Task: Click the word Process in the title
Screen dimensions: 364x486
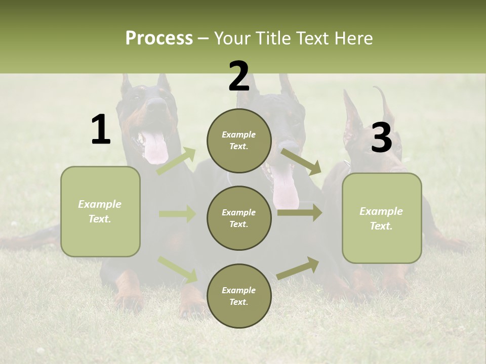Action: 159,38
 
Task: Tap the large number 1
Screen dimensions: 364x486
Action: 101,130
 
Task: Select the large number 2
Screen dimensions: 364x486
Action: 239,76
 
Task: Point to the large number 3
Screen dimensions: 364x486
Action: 381,138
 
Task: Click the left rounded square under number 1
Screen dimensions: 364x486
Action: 100,211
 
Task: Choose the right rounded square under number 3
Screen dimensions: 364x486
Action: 382,218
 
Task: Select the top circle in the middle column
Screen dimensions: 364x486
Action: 239,141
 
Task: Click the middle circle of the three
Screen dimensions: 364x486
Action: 239,218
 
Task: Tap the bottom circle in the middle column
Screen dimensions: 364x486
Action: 239,296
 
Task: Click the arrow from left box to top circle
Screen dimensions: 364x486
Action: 176,161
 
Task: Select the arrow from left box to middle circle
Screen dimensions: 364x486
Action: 177,214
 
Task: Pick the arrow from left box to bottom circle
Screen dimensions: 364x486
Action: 177,269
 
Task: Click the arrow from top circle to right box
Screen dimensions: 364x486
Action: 301,161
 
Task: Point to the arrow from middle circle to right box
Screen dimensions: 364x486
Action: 299,213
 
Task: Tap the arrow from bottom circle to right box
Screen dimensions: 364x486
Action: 298,268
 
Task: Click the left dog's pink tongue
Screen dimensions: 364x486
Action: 155,148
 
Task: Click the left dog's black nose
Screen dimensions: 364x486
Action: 157,105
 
